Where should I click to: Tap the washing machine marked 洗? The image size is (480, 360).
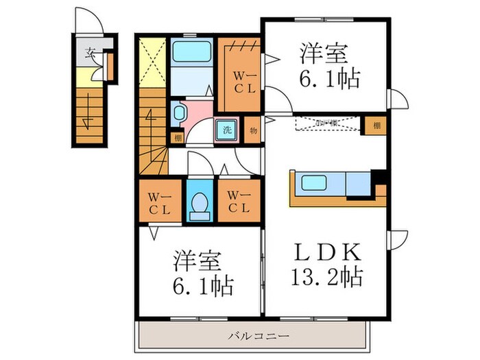click(226, 128)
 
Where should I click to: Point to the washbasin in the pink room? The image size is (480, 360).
click(178, 113)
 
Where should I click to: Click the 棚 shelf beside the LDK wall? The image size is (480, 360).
click(376, 125)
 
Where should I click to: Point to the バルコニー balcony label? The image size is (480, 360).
click(259, 336)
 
